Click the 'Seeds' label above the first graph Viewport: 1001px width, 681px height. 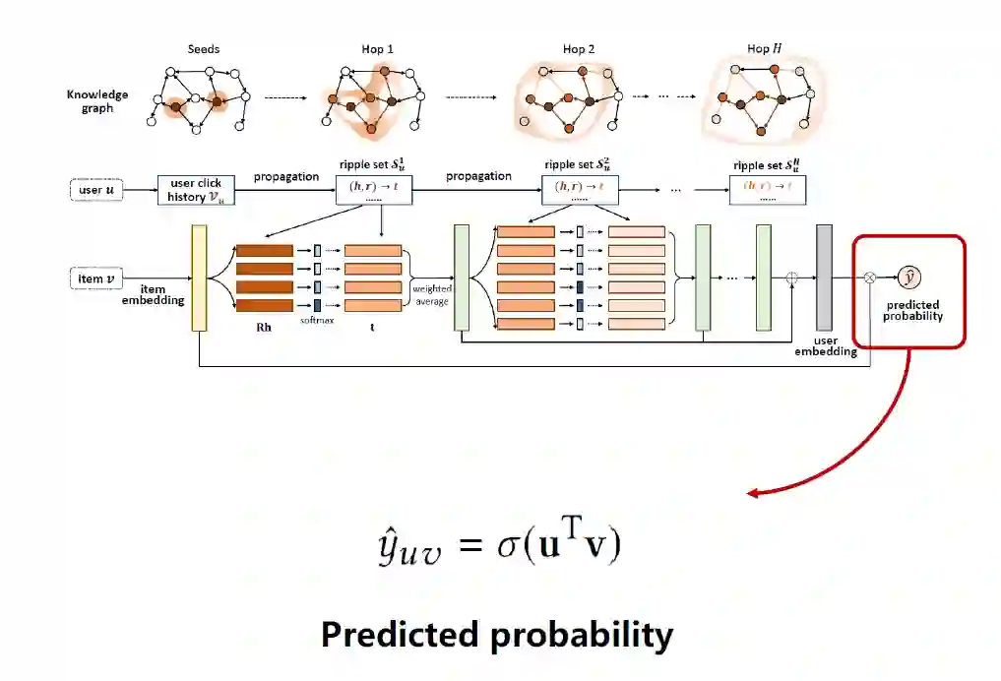(x=203, y=48)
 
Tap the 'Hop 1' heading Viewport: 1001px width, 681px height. (x=377, y=48)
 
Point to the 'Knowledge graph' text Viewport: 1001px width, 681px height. (x=96, y=101)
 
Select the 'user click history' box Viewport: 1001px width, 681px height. (x=196, y=189)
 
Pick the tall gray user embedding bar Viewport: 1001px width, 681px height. (x=824, y=279)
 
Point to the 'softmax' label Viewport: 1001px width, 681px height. (x=317, y=321)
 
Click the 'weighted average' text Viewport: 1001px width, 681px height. (x=432, y=294)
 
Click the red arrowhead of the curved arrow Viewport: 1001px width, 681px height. (x=752, y=492)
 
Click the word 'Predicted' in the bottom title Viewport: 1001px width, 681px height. (x=399, y=635)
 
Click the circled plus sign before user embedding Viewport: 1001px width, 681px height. (x=793, y=279)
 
